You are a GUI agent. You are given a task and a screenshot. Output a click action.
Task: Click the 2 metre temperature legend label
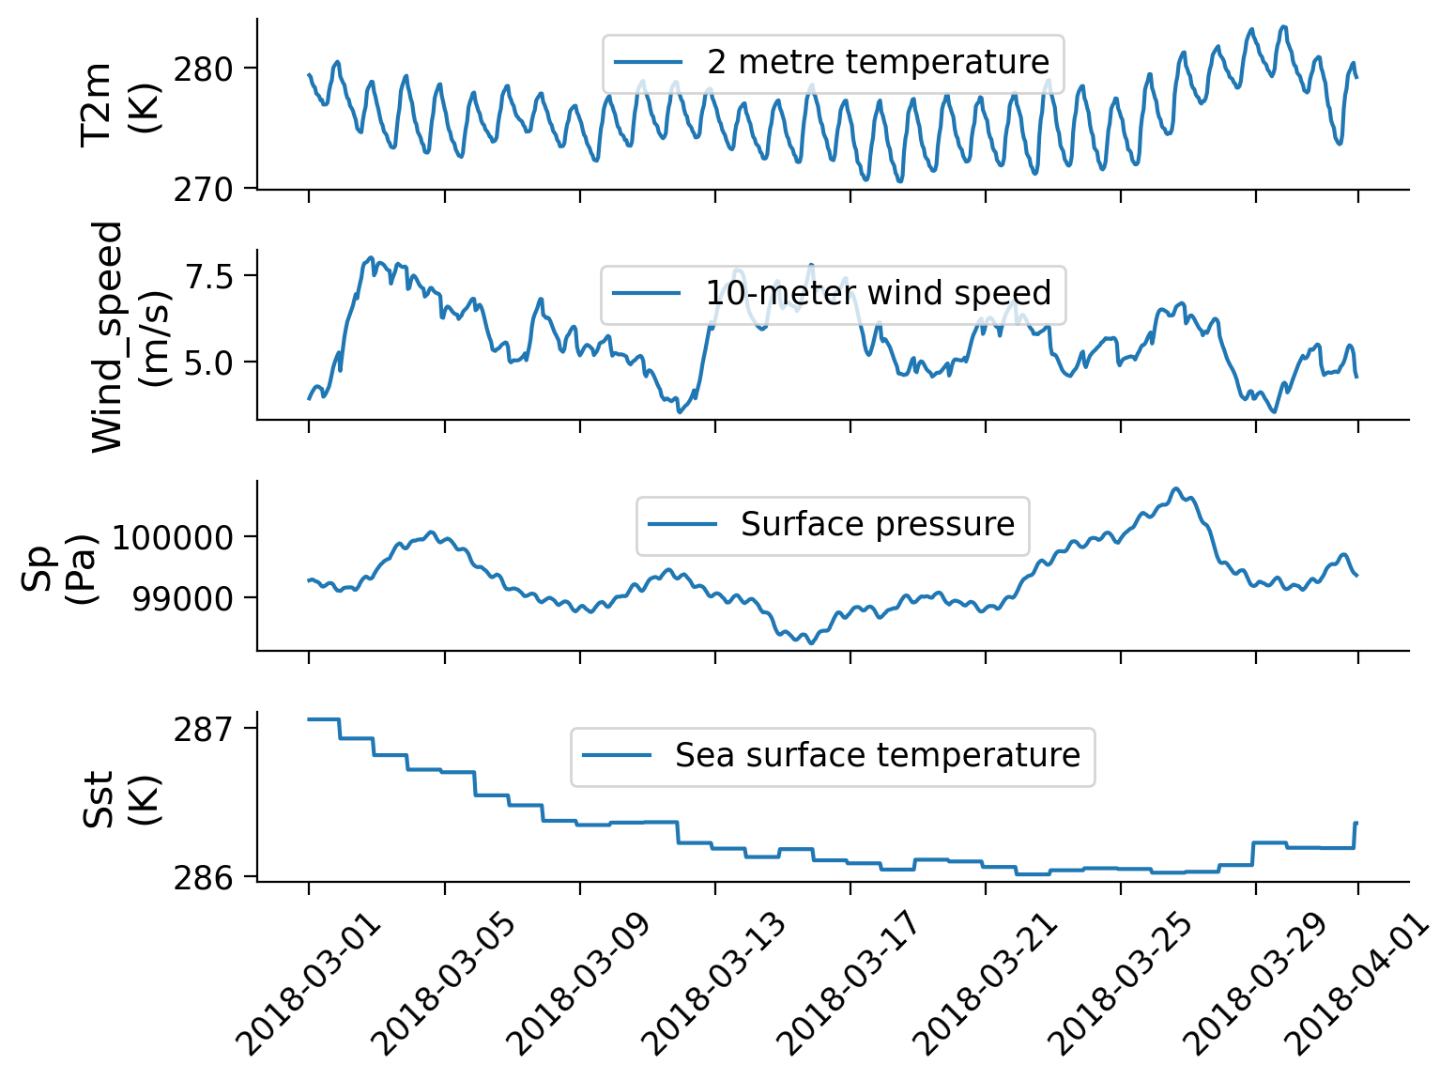pyautogui.click(x=878, y=62)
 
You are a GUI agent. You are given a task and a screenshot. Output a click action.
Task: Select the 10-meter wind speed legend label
pyautogui.click(x=878, y=293)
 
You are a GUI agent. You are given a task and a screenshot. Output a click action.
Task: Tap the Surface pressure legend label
pyautogui.click(x=878, y=524)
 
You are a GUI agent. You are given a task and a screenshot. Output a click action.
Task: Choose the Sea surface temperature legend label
pyautogui.click(x=878, y=755)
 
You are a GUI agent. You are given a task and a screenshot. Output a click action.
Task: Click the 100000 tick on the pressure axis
pyautogui.click(x=173, y=538)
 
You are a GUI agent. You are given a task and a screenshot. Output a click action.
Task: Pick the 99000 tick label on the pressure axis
pyautogui.click(x=183, y=599)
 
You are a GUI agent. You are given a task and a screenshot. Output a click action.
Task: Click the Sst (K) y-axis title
pyautogui.click(x=120, y=798)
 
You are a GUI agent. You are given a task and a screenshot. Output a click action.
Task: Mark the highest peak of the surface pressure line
pyautogui.click(x=1175, y=488)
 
